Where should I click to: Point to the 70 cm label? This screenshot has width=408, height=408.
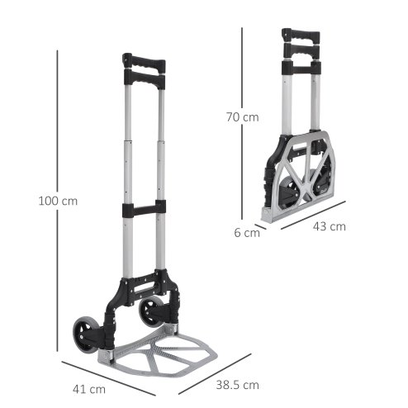(243, 117)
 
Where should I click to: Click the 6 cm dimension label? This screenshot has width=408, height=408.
(246, 233)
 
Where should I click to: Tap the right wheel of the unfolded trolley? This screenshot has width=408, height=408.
(153, 313)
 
